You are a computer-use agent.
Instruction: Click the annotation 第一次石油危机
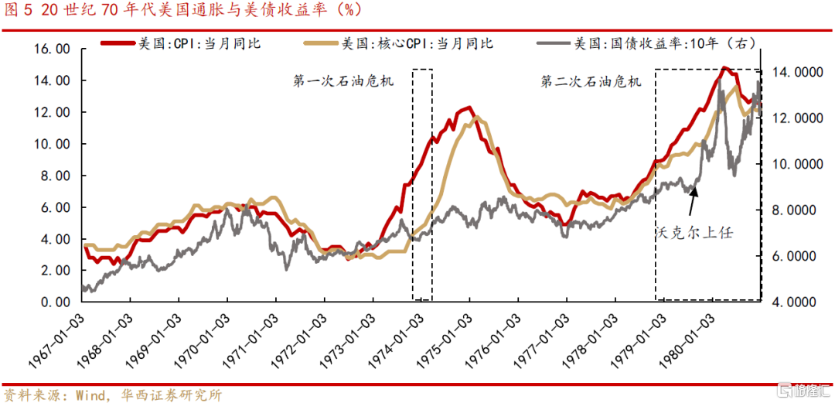coord(343,81)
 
